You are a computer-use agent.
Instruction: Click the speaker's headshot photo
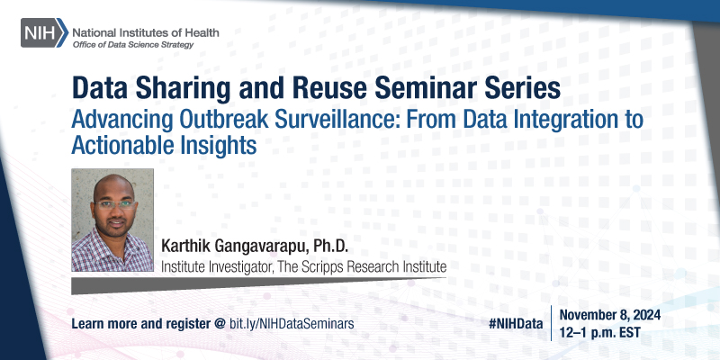(112, 220)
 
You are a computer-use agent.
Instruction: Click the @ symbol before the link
(220, 321)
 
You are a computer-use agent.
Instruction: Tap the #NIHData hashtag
(517, 321)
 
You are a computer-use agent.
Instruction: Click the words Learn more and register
(142, 321)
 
